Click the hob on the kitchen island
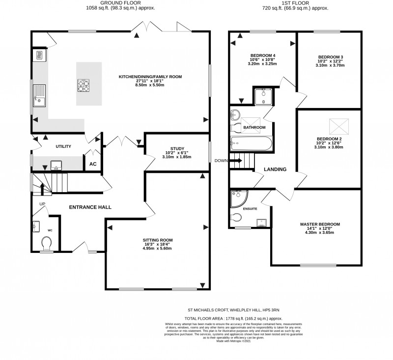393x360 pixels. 83,86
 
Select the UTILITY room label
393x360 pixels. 63,146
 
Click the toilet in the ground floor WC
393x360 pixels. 47,243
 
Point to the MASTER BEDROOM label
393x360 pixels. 320,224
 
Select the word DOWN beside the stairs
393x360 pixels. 221,161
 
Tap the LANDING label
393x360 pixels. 275,169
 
